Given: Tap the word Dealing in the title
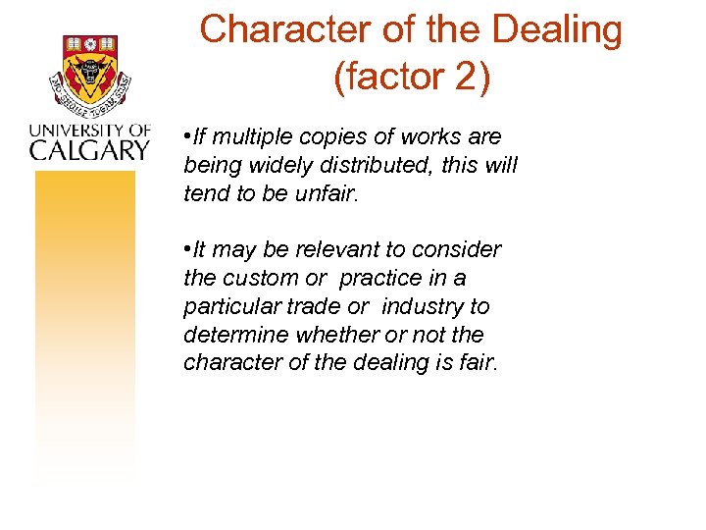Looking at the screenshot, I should (556, 31).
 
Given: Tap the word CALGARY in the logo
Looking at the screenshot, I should (89, 149).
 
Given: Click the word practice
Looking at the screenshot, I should (381, 278).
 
